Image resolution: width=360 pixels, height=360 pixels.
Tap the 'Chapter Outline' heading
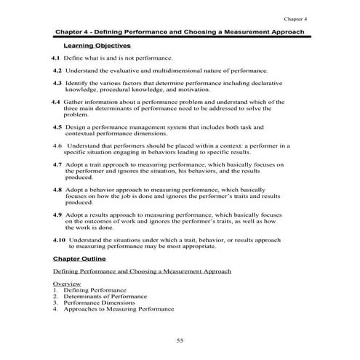79,258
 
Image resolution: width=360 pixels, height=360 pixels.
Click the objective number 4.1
56,57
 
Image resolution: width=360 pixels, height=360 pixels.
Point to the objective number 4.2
57,71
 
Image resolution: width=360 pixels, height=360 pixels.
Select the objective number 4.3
57,84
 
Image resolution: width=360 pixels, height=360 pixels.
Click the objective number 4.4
56,102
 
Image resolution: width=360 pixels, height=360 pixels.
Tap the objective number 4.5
57,127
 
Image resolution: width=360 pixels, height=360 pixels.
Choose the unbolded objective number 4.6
57,145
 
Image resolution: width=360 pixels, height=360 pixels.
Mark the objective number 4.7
57,164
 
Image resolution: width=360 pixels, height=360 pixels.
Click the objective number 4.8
57,189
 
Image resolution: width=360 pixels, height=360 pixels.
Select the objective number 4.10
60,239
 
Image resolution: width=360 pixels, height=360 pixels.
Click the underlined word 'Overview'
67,283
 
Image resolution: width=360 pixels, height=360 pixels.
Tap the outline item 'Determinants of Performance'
104,296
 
